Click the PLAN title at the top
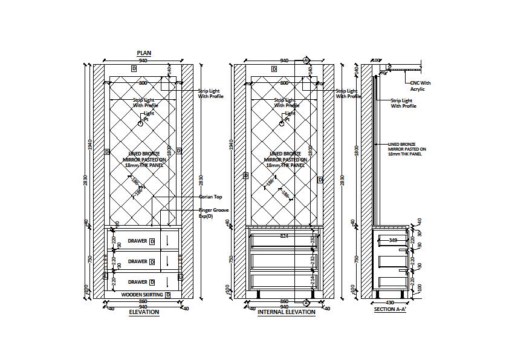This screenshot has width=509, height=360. pos(144,53)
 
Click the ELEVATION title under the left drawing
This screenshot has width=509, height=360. pos(144,312)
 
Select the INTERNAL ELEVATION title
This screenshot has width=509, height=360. pos(286,312)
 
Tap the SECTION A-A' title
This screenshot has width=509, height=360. pos(391,309)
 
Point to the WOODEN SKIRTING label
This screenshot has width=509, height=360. pos(142,295)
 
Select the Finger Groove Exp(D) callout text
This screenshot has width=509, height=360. pos(212,213)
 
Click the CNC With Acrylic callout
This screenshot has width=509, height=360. pos(420,86)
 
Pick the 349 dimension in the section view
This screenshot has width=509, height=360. pos(393,240)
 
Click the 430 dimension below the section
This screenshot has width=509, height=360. pos(389,302)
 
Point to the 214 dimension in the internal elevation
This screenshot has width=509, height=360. pos(312,280)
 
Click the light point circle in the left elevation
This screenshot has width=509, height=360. pos(140,123)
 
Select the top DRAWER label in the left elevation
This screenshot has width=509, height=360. pos(137,241)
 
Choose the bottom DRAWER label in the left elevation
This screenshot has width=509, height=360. pos(137,282)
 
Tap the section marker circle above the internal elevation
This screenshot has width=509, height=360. pos(306,60)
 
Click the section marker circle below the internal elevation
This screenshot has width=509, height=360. pos(306,301)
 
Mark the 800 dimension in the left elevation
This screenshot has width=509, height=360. pos(143,82)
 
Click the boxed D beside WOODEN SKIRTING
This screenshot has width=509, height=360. pos(167,295)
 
